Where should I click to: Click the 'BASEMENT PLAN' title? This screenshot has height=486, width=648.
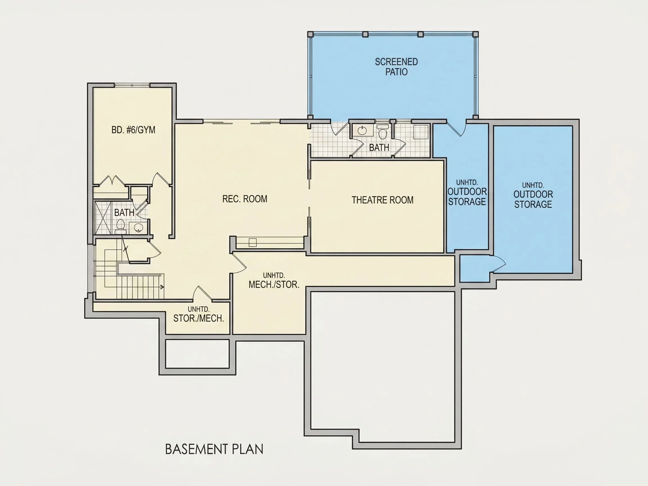214,449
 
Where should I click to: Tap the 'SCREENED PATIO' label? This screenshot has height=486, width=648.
396,67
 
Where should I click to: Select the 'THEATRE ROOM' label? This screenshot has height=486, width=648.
382,200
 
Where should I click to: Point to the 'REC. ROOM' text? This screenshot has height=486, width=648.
245,199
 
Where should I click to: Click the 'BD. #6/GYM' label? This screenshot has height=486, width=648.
133,130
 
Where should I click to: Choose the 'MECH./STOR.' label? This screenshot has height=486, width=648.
274,284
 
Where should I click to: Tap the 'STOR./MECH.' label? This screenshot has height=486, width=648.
199,318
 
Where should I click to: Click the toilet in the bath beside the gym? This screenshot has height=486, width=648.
120,226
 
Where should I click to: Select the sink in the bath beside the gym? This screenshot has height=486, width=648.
138,227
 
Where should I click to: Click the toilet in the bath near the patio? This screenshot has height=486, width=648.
382,132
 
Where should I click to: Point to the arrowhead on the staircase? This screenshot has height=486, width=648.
162,287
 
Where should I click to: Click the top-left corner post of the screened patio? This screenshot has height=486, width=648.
310,34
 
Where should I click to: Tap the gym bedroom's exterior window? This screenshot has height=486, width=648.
132,85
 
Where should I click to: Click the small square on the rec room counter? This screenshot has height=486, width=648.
253,242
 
